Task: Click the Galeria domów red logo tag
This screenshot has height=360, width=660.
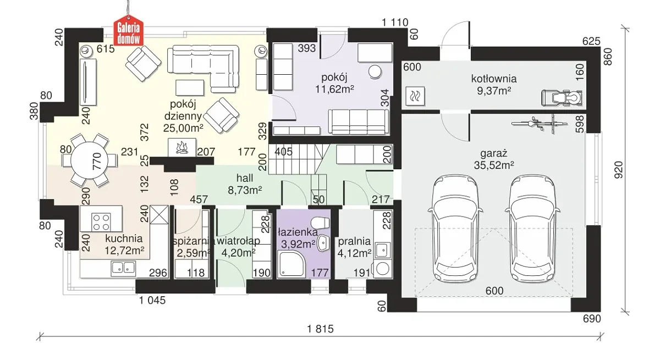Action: pyautogui.click(x=129, y=32)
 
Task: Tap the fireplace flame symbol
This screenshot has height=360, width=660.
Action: pyautogui.click(x=182, y=147)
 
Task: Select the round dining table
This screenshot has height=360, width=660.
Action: pyautogui.click(x=89, y=160)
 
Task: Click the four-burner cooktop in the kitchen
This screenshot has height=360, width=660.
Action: pyautogui.click(x=101, y=222)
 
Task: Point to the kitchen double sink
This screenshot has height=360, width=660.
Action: pyautogui.click(x=123, y=268)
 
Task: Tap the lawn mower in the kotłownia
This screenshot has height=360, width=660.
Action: pyautogui.click(x=562, y=98)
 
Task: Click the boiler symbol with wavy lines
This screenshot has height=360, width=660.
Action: pyautogui.click(x=415, y=96)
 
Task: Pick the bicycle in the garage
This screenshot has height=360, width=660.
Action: pyautogui.click(x=535, y=124)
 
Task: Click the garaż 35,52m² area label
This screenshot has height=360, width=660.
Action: pyautogui.click(x=494, y=159)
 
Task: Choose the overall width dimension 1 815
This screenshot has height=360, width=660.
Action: pyautogui.click(x=320, y=329)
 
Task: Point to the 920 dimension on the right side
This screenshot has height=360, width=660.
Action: pyautogui.click(x=619, y=170)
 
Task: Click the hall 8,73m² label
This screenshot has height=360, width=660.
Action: pyautogui.click(x=245, y=184)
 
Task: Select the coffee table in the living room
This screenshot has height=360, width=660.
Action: pyautogui.click(x=190, y=88)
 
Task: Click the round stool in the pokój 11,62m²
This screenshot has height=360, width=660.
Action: pyautogui.click(x=375, y=72)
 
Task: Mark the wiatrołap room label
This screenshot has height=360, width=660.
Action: pyautogui.click(x=238, y=241)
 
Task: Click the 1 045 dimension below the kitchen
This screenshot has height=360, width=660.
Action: pyautogui.click(x=152, y=300)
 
